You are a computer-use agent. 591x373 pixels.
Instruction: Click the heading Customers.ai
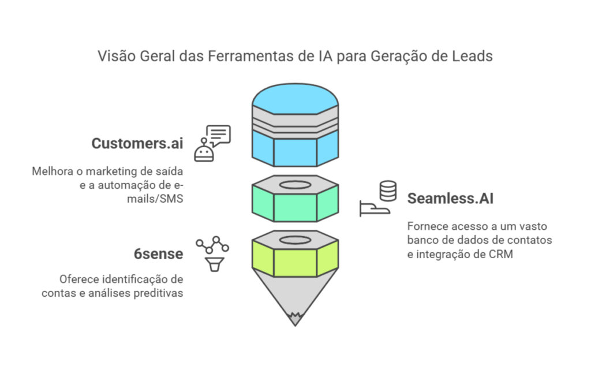[137, 143]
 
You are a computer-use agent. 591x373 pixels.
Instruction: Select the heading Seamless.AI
[450, 199]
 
